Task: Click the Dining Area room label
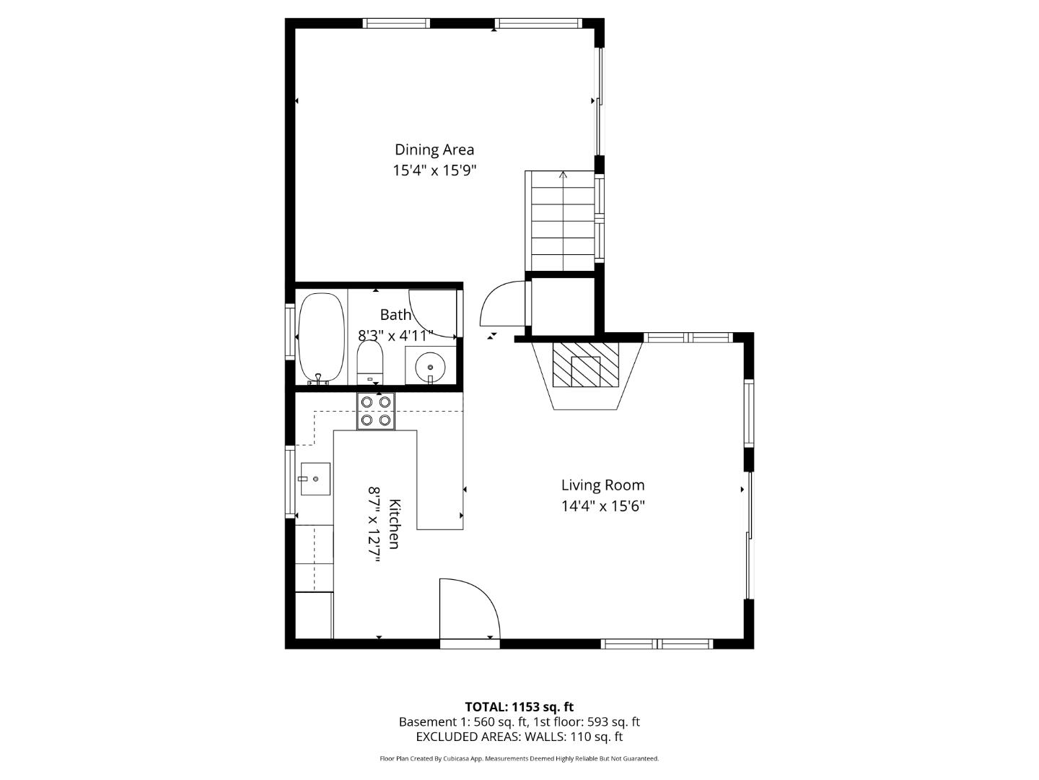(434, 149)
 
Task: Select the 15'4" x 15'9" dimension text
(434, 170)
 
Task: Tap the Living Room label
(602, 485)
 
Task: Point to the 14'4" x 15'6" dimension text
(602, 506)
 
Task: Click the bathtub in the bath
(321, 337)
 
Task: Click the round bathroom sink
(431, 366)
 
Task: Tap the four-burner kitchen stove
(376, 411)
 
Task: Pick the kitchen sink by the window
(315, 478)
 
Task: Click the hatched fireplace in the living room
(585, 365)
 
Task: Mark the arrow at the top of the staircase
(564, 175)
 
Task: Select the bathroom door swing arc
(431, 312)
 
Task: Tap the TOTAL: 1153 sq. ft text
(519, 706)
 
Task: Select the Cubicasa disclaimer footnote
(519, 758)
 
